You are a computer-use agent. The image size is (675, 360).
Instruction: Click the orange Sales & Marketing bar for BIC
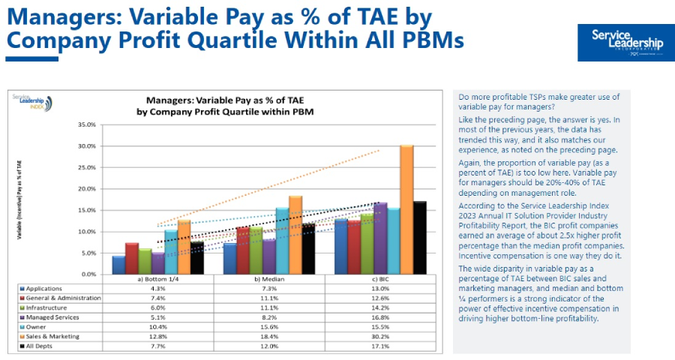pyautogui.click(x=406, y=210)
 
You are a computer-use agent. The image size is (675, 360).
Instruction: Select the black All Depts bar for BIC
pyautogui.click(x=420, y=238)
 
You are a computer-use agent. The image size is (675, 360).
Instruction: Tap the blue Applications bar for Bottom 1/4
pyautogui.click(x=118, y=265)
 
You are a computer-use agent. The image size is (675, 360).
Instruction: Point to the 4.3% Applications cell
pyautogui.click(x=158, y=288)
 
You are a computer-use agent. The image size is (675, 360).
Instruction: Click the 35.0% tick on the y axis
pyautogui.click(x=87, y=124)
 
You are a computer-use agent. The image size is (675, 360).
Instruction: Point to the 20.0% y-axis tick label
pyautogui.click(x=87, y=189)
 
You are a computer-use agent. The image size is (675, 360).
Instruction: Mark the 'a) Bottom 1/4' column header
pyautogui.click(x=158, y=279)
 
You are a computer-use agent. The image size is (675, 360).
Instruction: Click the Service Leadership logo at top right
pyautogui.click(x=627, y=42)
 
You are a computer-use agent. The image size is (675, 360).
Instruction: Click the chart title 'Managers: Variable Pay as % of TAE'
pyautogui.click(x=224, y=99)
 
